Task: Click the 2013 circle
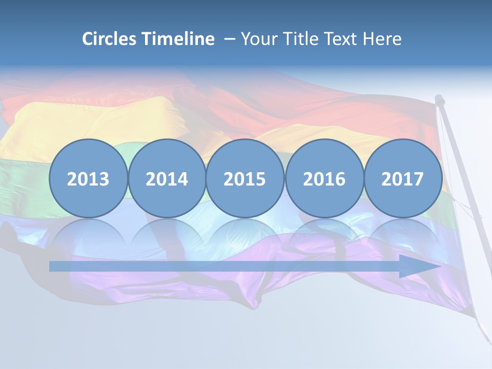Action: [88, 179]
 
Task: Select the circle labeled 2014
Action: [167, 179]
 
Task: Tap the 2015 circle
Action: [245, 179]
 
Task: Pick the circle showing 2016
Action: [324, 179]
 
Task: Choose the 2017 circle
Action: [403, 179]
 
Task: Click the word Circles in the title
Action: [110, 39]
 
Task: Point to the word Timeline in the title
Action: [178, 39]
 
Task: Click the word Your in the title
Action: [258, 39]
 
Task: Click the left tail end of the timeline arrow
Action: [51, 266]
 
